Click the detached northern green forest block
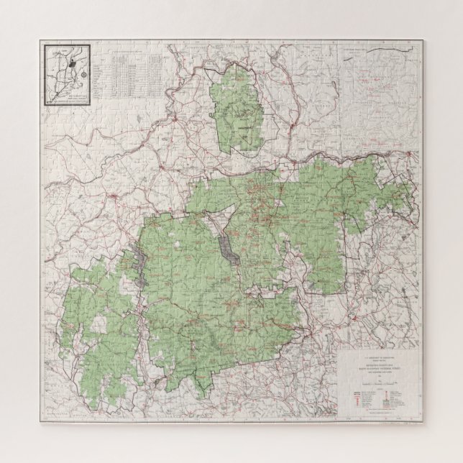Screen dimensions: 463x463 click(238, 107)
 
